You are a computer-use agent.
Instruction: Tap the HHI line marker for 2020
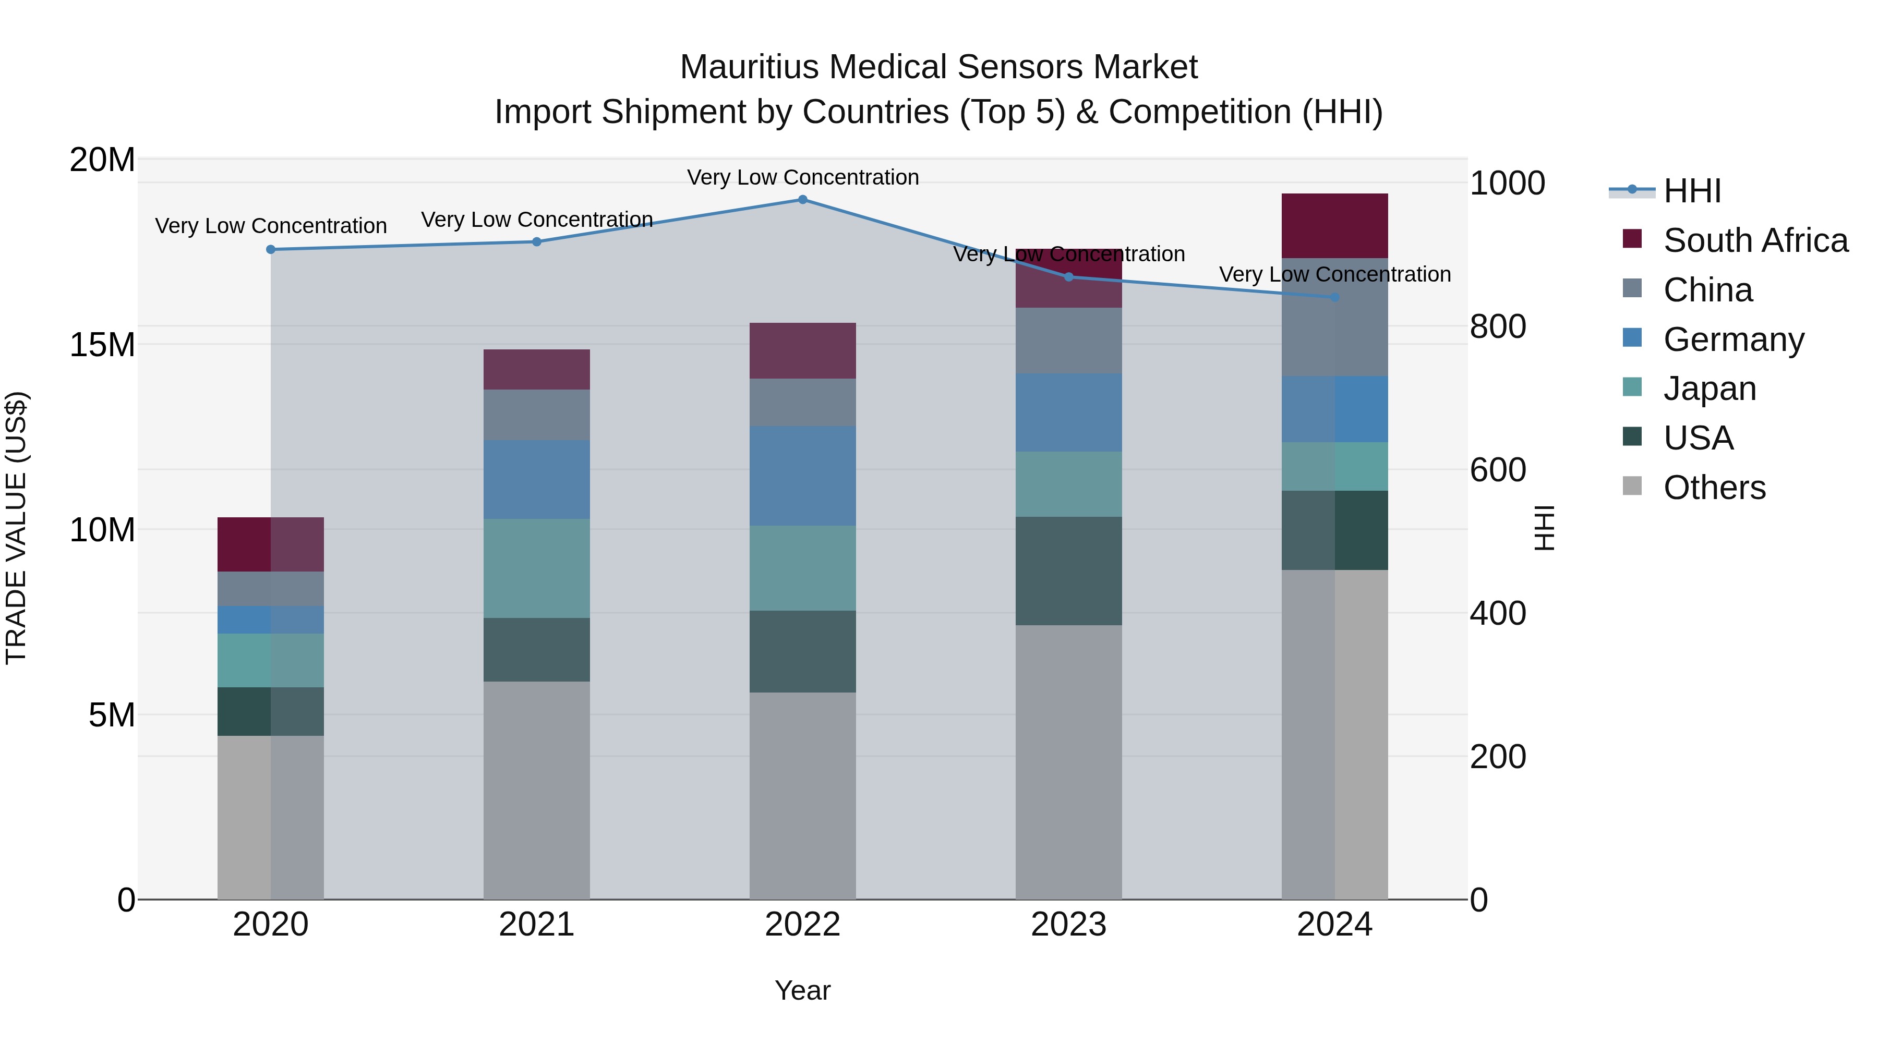click(x=270, y=249)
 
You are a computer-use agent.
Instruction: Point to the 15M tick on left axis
click(x=102, y=345)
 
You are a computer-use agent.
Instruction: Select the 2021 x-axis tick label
click(x=537, y=925)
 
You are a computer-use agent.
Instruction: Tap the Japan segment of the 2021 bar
click(x=537, y=568)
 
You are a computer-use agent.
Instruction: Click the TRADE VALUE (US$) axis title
click(x=16, y=528)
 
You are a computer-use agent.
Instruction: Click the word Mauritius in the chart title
click(x=750, y=67)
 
